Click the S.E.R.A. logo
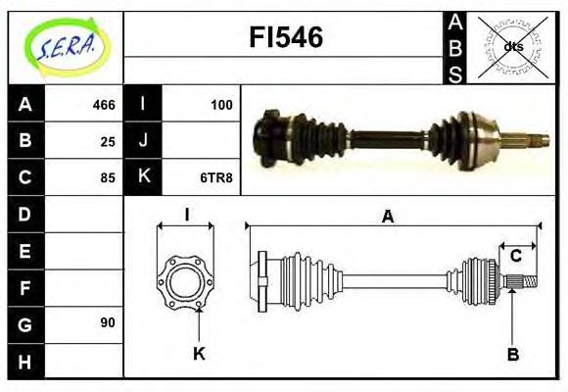[66, 44]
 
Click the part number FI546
[286, 38]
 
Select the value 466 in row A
[103, 105]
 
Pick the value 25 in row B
[107, 140]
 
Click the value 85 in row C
[107, 177]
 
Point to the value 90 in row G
[107, 322]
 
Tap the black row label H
[25, 361]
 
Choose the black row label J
[144, 140]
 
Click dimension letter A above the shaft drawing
[388, 218]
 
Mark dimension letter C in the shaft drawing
[515, 257]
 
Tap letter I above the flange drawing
[186, 214]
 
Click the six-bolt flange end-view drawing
[185, 279]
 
